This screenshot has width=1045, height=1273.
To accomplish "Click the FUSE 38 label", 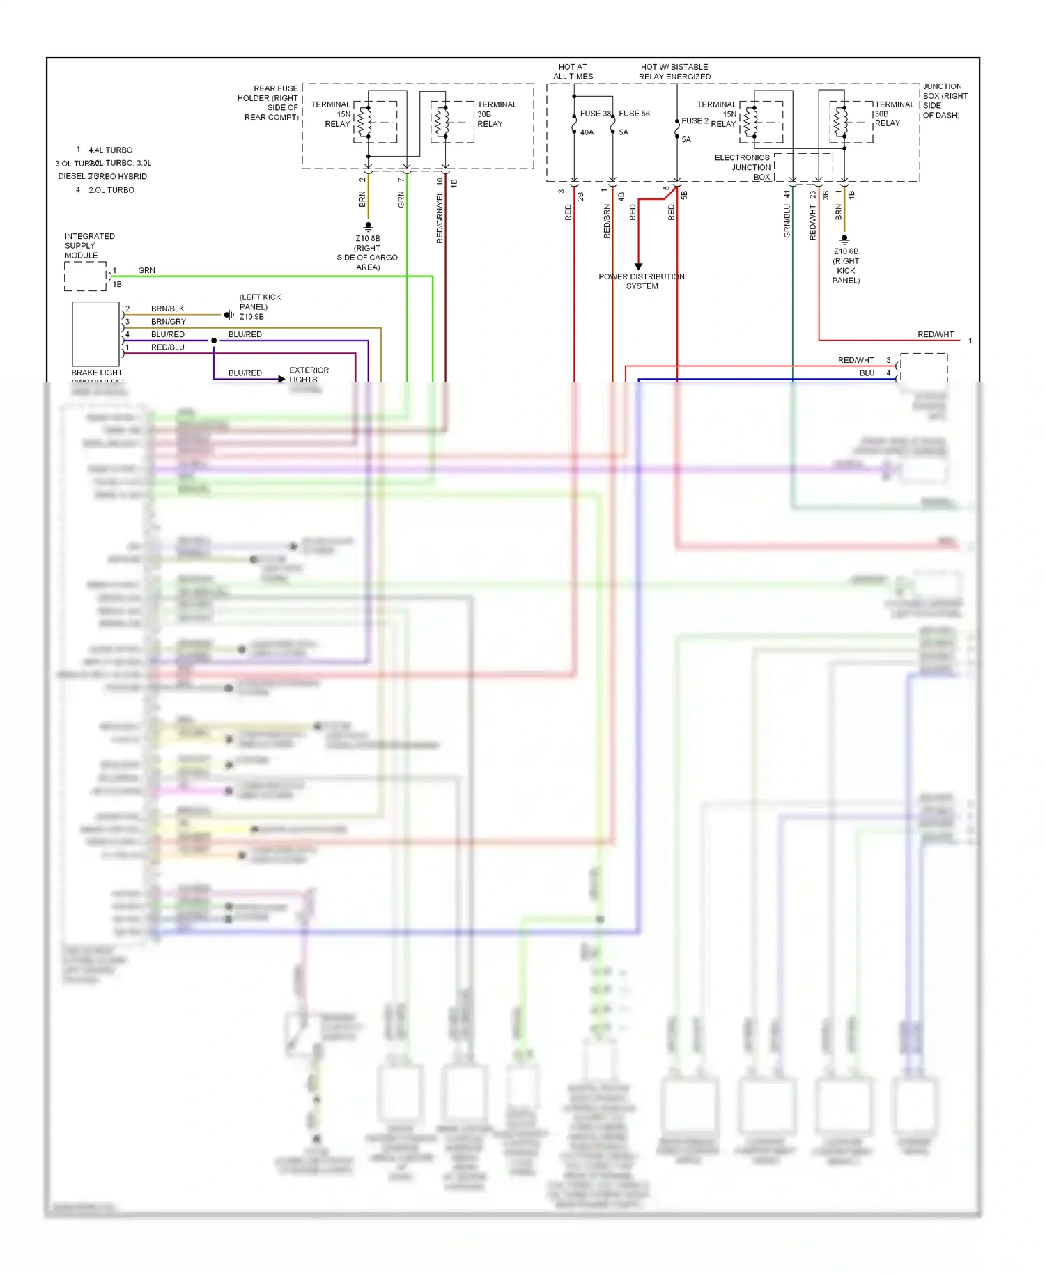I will [x=595, y=114].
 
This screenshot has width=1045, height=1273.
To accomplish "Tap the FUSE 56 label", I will [x=634, y=114].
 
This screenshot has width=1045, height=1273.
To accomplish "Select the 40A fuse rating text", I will [x=587, y=132].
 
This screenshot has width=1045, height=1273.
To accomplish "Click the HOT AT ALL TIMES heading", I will [x=573, y=72].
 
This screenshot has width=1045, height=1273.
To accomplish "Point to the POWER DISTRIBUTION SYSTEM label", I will [x=642, y=281].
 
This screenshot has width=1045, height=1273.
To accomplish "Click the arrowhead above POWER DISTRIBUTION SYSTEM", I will [x=638, y=267].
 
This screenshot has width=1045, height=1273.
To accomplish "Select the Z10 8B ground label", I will [x=368, y=239].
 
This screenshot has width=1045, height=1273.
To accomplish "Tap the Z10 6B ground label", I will [x=846, y=251].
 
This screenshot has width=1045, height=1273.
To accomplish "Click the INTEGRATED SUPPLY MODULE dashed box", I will [x=85, y=276].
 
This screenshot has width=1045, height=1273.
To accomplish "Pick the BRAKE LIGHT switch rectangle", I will [x=96, y=334].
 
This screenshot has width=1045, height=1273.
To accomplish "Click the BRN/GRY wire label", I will [x=169, y=322].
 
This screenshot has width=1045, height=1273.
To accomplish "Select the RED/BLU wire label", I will [x=168, y=347].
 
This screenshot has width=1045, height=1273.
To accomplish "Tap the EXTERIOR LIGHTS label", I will [x=309, y=375].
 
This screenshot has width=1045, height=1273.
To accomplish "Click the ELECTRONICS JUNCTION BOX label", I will [x=743, y=167].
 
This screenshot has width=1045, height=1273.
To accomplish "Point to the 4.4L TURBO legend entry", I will [x=110, y=150].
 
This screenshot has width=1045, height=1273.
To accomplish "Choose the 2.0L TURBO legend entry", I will [x=111, y=190].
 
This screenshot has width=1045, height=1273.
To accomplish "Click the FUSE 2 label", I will [x=695, y=120].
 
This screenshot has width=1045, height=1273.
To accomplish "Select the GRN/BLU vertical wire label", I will [x=787, y=221].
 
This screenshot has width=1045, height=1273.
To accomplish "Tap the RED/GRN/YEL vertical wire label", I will [x=440, y=218].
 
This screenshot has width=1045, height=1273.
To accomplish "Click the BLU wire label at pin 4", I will [x=867, y=373].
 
